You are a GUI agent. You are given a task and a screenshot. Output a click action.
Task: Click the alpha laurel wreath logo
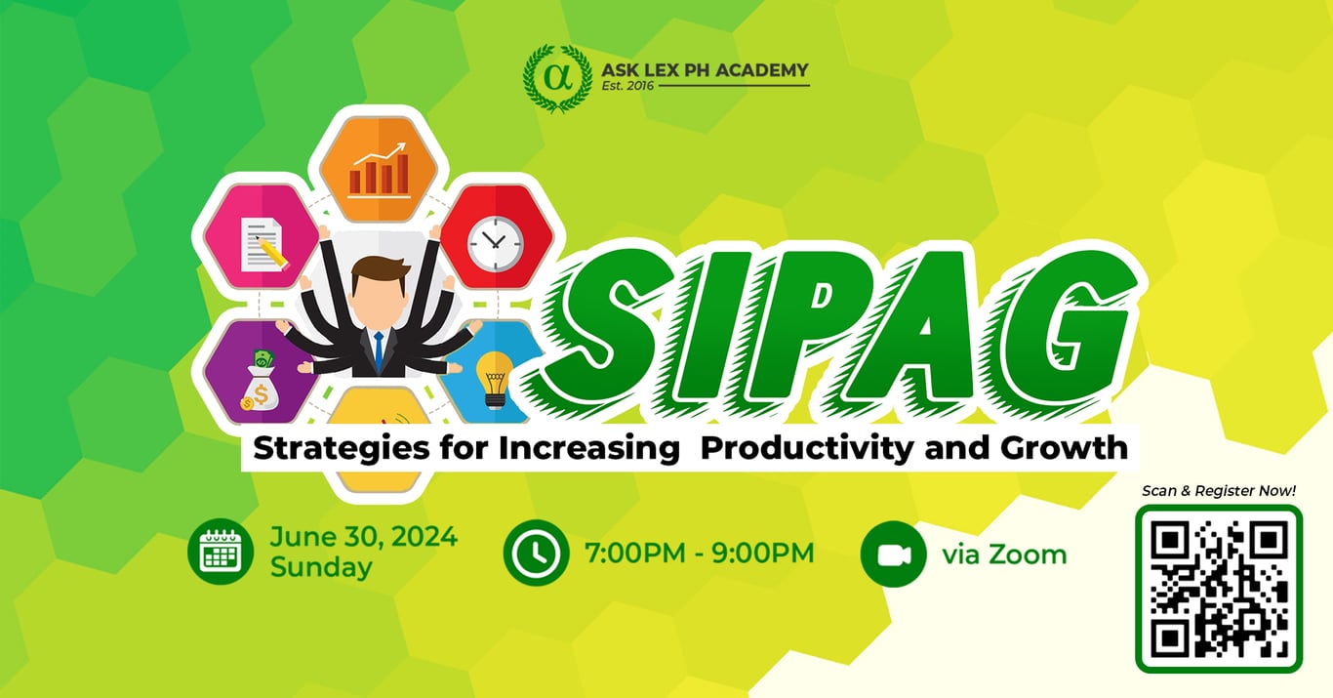[x=557, y=78]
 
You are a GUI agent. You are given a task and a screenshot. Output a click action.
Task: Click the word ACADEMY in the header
[x=762, y=70]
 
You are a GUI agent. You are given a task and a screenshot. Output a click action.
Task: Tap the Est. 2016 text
[x=627, y=86]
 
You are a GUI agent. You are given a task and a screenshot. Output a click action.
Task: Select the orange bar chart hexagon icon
[x=379, y=169]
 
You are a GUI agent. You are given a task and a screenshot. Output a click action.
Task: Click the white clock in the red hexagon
[x=495, y=243]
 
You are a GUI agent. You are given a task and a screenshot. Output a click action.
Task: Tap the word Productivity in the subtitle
[x=807, y=448]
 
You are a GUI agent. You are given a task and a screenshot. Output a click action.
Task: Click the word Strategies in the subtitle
[x=341, y=448]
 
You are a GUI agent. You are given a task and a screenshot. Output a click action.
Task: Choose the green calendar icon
[x=221, y=551]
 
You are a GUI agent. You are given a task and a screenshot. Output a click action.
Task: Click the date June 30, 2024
[x=364, y=537]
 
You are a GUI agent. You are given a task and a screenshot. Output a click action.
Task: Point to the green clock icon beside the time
[x=536, y=553]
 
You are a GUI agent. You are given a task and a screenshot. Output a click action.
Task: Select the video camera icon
[x=893, y=554]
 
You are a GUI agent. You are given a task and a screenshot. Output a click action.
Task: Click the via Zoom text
[x=1004, y=555]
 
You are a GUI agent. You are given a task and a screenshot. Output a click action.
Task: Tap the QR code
[x=1219, y=589]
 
